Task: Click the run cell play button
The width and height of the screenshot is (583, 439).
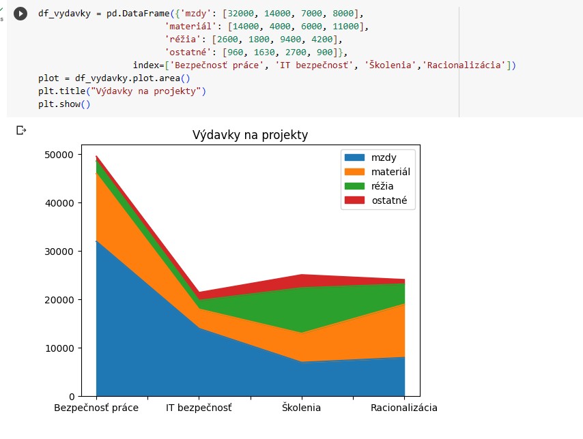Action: click(x=20, y=14)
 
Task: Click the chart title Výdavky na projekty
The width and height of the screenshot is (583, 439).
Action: click(x=250, y=135)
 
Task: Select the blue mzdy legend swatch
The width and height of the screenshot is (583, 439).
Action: click(x=354, y=157)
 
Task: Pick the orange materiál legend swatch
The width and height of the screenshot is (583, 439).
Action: click(x=354, y=172)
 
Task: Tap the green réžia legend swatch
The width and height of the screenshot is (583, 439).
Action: click(x=354, y=186)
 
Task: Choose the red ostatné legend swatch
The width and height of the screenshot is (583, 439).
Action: click(x=354, y=200)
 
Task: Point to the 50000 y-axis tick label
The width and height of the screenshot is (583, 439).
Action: click(x=59, y=155)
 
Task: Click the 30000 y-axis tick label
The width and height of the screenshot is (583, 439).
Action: click(x=59, y=252)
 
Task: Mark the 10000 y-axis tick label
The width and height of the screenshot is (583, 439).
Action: click(x=59, y=348)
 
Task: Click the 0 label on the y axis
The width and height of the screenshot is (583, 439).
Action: click(x=72, y=397)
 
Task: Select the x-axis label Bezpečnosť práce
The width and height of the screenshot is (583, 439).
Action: click(x=96, y=408)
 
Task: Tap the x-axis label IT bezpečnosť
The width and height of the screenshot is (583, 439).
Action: click(x=199, y=408)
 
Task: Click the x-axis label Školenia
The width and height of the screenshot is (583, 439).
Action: click(x=301, y=408)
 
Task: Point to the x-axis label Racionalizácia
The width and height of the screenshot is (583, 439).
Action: click(x=404, y=408)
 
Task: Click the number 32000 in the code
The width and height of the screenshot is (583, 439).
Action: click(x=241, y=14)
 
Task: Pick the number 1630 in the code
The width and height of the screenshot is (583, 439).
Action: click(x=264, y=52)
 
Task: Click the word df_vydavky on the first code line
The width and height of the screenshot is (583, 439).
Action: click(x=64, y=14)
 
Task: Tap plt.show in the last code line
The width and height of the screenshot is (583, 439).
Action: click(x=59, y=104)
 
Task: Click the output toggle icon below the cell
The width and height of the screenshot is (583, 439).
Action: click(x=21, y=130)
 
